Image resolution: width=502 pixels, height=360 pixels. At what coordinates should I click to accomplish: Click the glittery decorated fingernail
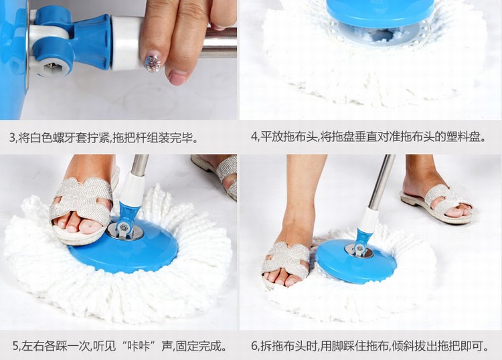coord(153,64)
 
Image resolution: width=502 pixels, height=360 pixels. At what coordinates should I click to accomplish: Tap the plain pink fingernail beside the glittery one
coord(177,77)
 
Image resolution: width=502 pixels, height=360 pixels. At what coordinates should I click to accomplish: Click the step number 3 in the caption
coord(13,139)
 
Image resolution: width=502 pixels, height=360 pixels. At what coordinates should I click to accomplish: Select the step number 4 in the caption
coord(254,137)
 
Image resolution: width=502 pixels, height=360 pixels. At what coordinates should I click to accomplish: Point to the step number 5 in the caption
coord(16,346)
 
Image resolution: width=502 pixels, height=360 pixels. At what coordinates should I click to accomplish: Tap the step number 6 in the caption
coord(255,346)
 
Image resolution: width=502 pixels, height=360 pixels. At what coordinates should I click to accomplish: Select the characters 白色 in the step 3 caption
coord(41,139)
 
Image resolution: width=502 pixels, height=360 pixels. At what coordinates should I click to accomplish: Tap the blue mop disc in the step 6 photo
coord(356,260)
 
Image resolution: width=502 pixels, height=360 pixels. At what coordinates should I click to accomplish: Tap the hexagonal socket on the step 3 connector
coord(52,66)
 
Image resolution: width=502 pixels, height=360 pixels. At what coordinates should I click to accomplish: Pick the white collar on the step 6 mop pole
coord(368,220)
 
